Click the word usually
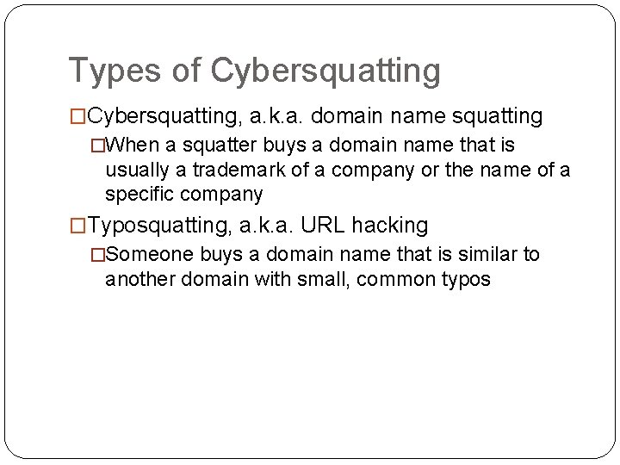click(136, 170)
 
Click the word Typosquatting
click(156, 226)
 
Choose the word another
click(139, 279)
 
